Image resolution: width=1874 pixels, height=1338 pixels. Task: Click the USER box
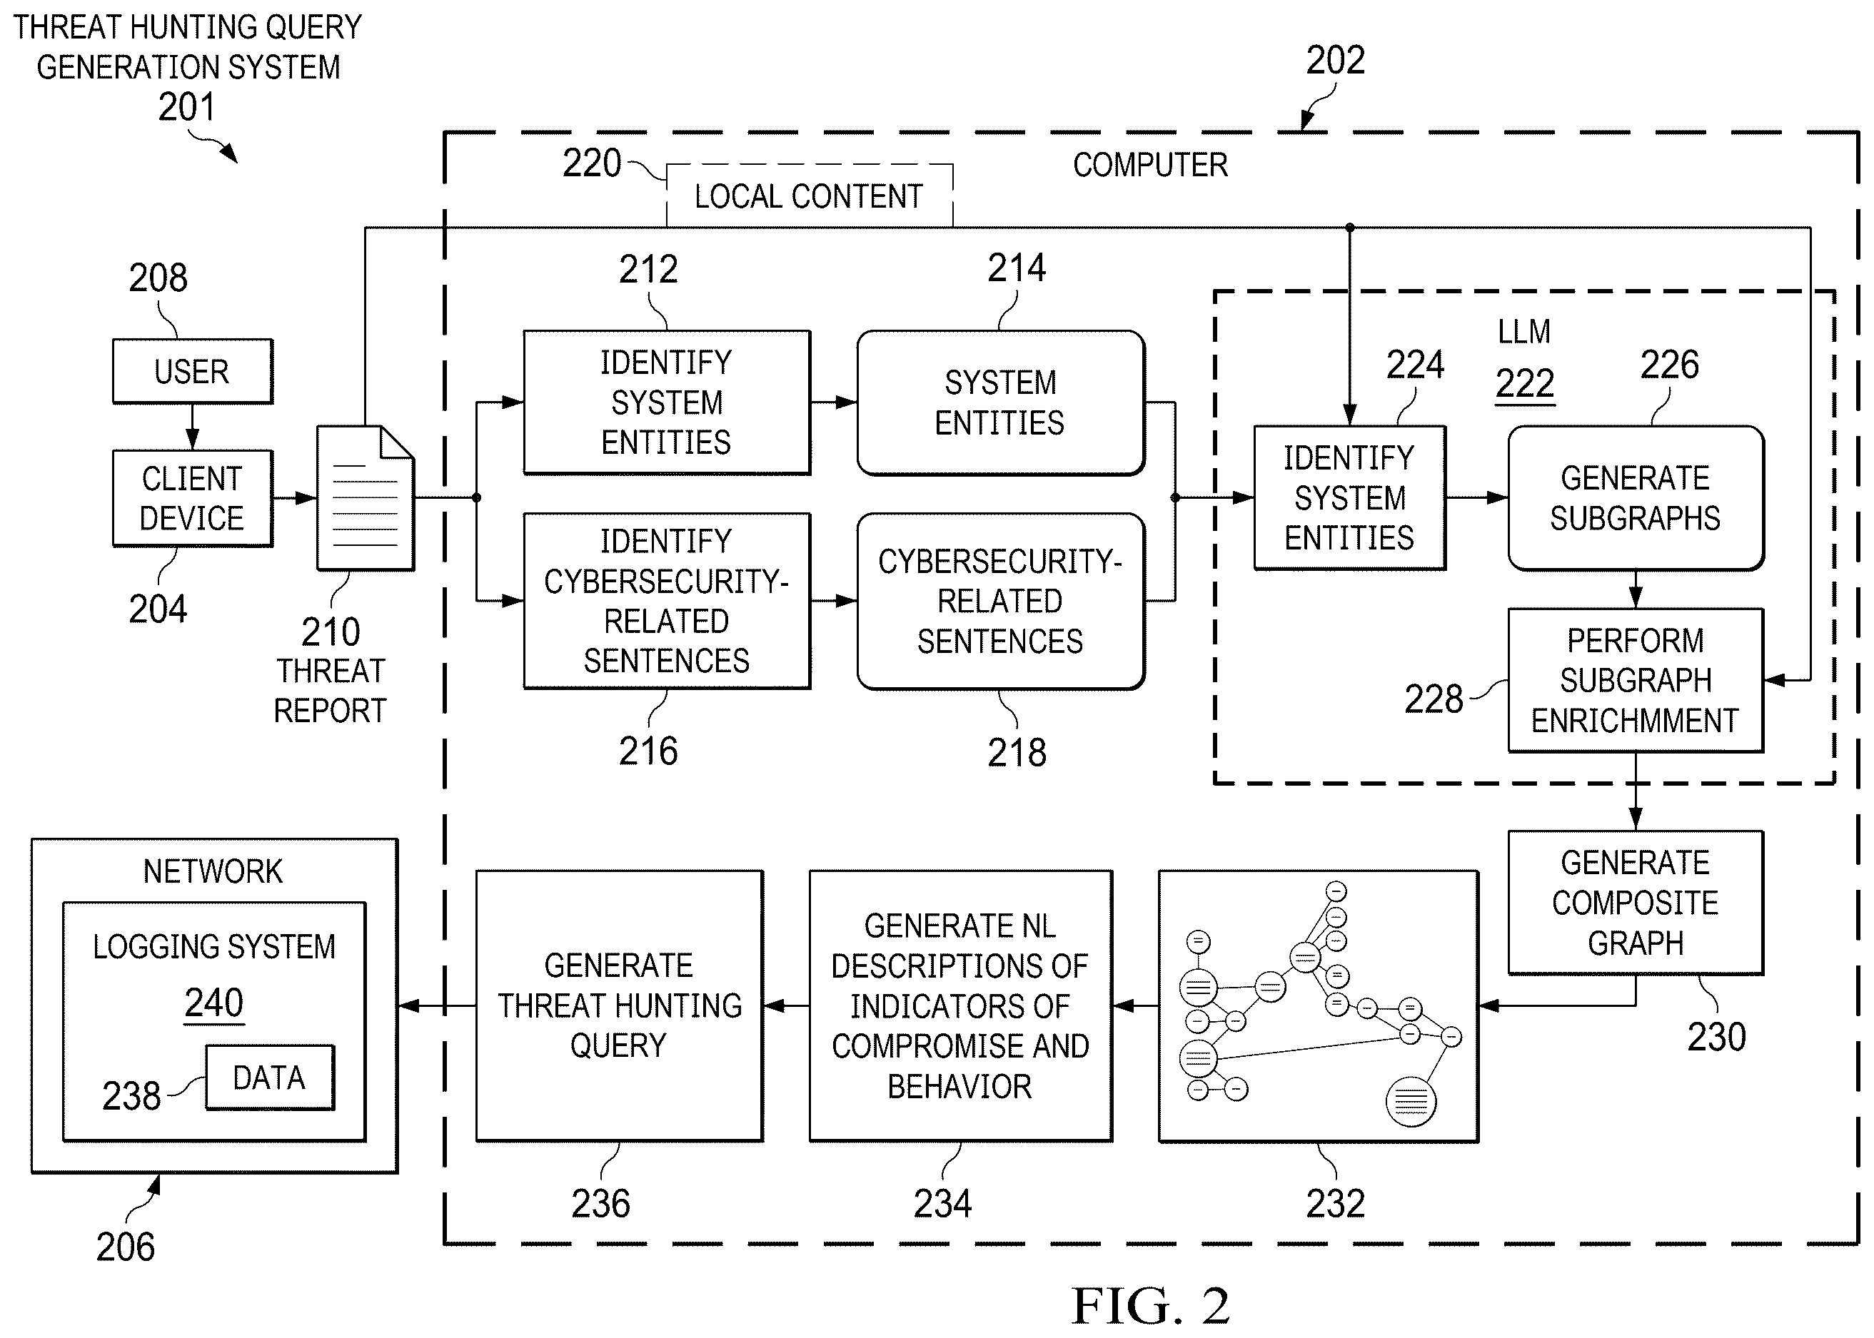(x=193, y=371)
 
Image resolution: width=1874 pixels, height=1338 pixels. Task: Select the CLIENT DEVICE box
(x=193, y=499)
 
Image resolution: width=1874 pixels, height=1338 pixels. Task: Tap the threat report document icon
(x=365, y=497)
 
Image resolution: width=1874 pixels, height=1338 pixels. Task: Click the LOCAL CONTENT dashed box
(x=810, y=196)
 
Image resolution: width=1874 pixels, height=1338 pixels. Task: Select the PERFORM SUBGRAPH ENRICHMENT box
(x=1636, y=681)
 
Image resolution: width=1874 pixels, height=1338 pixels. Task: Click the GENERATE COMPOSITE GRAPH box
(x=1636, y=903)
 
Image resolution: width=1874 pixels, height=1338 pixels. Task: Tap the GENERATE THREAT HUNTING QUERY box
(x=620, y=1006)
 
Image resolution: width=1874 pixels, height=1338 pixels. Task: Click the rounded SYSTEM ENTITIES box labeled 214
(x=1000, y=403)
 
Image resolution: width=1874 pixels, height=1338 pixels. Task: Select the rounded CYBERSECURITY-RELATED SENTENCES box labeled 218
(x=1000, y=602)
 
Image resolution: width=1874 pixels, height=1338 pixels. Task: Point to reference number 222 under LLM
(x=1525, y=384)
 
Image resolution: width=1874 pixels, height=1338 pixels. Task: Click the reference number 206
(x=125, y=1247)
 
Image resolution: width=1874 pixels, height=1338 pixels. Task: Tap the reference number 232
(x=1335, y=1204)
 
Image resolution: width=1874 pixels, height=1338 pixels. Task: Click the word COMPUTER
(x=1150, y=165)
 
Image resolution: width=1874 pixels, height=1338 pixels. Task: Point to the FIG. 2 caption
(x=1150, y=1306)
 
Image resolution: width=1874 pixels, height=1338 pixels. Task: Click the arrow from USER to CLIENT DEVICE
(x=193, y=427)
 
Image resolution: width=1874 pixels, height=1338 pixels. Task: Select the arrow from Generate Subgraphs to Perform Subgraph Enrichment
(x=1636, y=590)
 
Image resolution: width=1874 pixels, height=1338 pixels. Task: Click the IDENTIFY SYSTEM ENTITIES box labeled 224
(x=1349, y=497)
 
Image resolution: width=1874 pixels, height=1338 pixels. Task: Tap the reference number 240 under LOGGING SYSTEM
(x=214, y=1003)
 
